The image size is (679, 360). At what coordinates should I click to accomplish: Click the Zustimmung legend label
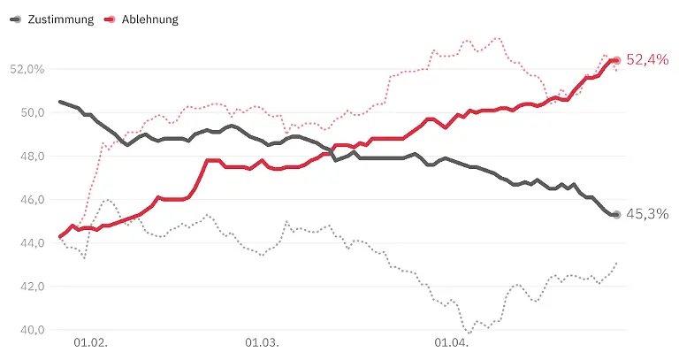click(x=60, y=19)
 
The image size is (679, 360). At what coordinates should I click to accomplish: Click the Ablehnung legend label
click(x=149, y=19)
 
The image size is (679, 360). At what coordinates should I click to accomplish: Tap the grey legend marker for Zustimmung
click(x=16, y=19)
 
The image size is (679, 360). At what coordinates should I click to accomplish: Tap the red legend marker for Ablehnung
click(x=110, y=19)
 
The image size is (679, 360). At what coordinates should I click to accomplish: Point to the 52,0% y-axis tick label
click(x=27, y=69)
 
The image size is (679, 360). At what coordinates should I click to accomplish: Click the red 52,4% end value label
click(x=647, y=60)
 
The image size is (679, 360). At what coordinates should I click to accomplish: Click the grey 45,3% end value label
click(x=648, y=214)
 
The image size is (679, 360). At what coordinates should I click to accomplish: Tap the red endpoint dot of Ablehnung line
click(x=616, y=60)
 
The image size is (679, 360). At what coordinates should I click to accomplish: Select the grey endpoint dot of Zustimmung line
click(x=616, y=214)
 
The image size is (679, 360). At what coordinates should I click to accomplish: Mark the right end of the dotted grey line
click(x=616, y=263)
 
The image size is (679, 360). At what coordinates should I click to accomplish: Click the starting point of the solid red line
click(x=59, y=237)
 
